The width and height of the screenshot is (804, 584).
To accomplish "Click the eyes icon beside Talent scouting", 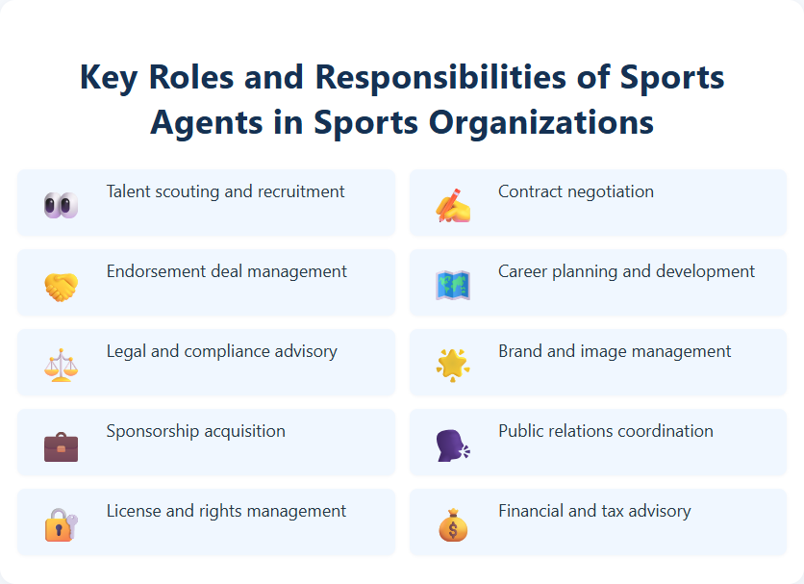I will pos(61,204).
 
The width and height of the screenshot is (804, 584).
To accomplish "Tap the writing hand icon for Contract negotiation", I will pos(453,204).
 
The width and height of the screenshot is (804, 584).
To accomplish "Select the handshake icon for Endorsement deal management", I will pos(61,285).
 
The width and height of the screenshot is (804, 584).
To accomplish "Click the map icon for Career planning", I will pos(453,285).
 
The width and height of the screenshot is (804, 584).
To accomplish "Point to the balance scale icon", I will pos(61,365).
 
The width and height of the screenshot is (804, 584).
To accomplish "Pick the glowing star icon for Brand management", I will pos(453,365).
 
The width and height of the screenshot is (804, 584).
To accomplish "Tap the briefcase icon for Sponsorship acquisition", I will pos(61,445).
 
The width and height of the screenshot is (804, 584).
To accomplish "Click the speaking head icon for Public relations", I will pos(453,444).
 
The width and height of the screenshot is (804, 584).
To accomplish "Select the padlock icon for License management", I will pos(61,525).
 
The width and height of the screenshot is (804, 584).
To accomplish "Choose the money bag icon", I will pos(453,525).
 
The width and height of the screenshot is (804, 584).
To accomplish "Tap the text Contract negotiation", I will pos(575,191).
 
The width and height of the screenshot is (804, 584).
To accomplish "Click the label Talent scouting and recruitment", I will pos(225,191).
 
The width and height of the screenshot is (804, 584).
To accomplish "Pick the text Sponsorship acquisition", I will pos(195,431).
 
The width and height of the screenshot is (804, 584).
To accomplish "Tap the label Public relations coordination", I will pos(605,431).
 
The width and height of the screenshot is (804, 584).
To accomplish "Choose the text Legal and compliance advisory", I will pos(221,351).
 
